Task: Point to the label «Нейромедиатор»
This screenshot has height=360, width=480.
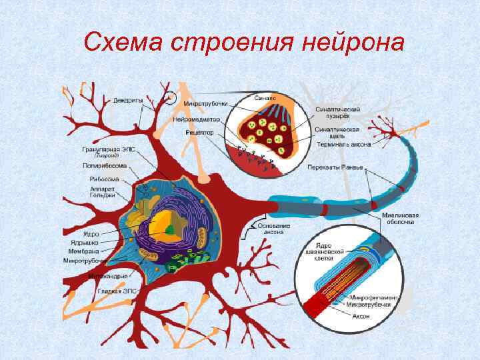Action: coord(195,120)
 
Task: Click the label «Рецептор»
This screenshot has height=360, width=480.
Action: coord(200,133)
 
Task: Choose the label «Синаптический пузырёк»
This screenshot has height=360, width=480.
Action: coord(339,112)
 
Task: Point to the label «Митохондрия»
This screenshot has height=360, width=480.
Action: coord(105,275)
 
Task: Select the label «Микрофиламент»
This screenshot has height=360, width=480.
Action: coord(373,297)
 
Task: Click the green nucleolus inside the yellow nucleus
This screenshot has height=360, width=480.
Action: coord(171,229)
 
